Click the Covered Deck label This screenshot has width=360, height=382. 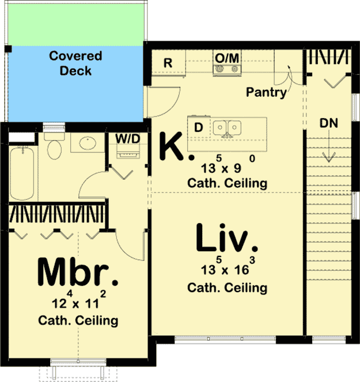click(75, 63)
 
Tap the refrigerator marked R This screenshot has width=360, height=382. click(168, 63)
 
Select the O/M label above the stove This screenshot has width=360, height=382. click(226, 58)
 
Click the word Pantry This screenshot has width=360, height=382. click(266, 92)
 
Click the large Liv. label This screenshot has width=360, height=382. click(225, 239)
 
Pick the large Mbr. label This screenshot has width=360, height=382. click(78, 272)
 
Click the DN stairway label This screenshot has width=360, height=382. click(330, 123)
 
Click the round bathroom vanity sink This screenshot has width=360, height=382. click(87, 143)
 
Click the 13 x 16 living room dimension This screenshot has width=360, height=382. click(226, 270)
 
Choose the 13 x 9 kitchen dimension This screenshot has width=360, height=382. click(226, 168)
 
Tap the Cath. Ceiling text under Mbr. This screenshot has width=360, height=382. click(78, 320)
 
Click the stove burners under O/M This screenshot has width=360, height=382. click(226, 70)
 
